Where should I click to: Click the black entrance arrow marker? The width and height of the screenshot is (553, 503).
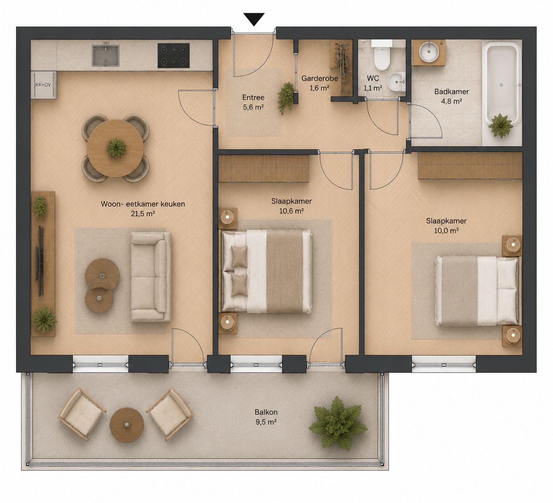coord(254,19)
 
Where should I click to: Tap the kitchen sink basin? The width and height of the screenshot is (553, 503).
coord(106,56)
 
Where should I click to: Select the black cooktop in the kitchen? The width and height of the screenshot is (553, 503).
coord(173,56)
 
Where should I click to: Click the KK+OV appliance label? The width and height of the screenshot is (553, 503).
coord(43,85)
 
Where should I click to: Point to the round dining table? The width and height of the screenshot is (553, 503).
coord(115,148)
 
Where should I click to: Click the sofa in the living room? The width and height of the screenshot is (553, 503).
coord(151,277)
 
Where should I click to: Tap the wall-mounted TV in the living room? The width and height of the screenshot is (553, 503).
coord(40,261)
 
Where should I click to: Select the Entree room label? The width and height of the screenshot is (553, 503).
coord(253,97)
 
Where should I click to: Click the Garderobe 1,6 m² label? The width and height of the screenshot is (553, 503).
coord(320,83)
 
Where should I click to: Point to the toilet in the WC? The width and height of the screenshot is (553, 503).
coord(382,56)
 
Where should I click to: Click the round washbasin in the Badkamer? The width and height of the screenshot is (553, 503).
coord(429,52)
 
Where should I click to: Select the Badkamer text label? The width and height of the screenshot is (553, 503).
coord(452,92)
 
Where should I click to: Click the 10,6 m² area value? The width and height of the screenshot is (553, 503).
coord(291,211)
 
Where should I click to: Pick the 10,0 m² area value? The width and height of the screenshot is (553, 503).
coord(446,230)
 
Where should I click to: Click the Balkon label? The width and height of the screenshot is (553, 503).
coord(266,412)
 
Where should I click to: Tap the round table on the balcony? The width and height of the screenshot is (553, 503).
coord(127,425)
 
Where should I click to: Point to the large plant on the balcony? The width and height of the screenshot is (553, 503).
coord(338,424)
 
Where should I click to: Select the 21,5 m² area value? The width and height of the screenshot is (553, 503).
coord(143,214)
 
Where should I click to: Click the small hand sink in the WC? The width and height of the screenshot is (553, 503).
coord(397,82)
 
